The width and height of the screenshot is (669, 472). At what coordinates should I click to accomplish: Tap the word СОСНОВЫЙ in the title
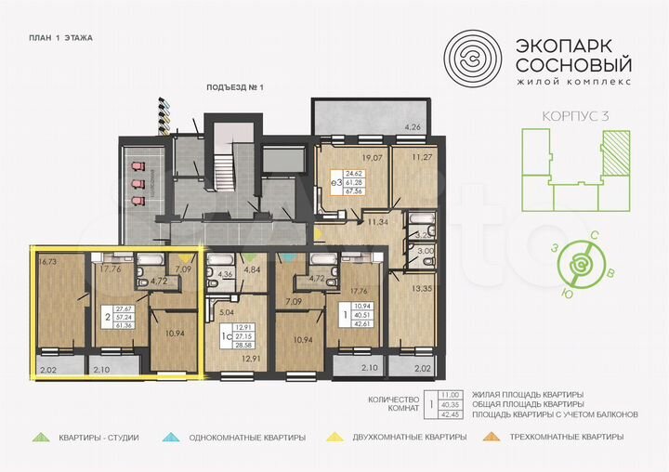pos(573,66)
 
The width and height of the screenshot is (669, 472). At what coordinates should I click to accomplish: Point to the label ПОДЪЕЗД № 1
pos(236,87)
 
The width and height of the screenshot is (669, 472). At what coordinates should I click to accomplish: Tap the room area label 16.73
pos(49,263)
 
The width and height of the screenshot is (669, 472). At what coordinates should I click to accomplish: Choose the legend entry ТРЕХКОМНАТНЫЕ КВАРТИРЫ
pos(570,436)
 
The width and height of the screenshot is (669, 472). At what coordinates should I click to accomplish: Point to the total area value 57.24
pos(125,315)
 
